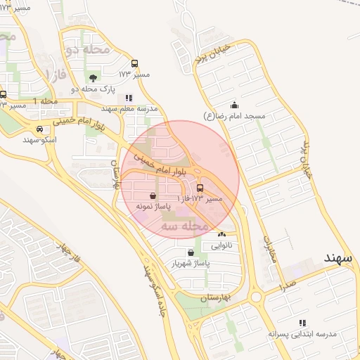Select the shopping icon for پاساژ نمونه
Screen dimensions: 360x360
pos(154,196)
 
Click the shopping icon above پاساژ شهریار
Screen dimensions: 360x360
pos(191,252)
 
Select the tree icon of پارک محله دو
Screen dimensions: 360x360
pos(94,77)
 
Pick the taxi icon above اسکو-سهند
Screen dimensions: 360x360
pos(40,129)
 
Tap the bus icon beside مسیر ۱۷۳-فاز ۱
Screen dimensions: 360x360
pos(201,188)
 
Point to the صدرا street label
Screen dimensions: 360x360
pos(286,284)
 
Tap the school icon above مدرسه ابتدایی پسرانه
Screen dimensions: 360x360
pos(302,323)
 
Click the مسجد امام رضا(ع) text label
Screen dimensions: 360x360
pos(234,115)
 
